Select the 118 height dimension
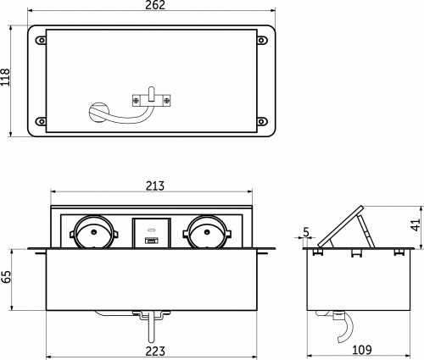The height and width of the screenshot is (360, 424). [x=7, y=80]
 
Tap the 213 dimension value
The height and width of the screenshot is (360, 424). [x=153, y=186]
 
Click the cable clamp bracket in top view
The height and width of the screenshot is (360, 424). [x=153, y=100]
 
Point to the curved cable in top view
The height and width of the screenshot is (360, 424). [x=106, y=111]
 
